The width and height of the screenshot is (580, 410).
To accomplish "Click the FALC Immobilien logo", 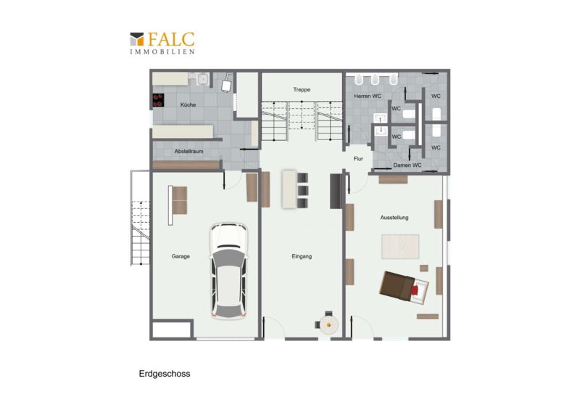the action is pyautogui.click(x=162, y=43).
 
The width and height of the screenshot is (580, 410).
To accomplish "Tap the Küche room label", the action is pyautogui.click(x=188, y=104).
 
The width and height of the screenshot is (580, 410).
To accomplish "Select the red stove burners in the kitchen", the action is pyautogui.click(x=158, y=100).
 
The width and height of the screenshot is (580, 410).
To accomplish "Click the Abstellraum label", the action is pyautogui.click(x=188, y=152).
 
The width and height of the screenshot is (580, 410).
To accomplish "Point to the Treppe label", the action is pyautogui.click(x=302, y=90).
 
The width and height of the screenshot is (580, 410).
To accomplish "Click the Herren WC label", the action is pyautogui.click(x=368, y=97).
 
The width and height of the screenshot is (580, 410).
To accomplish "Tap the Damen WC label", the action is pyautogui.click(x=407, y=165).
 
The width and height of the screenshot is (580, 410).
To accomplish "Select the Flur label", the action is pyautogui.click(x=358, y=159).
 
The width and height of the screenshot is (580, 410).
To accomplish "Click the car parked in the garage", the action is pyautogui.click(x=228, y=271).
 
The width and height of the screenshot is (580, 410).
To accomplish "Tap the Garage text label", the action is pyautogui.click(x=181, y=256).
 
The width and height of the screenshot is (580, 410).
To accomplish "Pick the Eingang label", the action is pyautogui.click(x=302, y=256).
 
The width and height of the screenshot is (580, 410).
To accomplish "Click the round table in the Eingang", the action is pyautogui.click(x=329, y=325).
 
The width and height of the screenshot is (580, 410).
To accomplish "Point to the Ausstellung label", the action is pyautogui.click(x=394, y=218).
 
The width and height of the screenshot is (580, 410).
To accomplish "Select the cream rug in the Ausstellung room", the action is pyautogui.click(x=400, y=246).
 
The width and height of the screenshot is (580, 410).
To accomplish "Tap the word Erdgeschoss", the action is pyautogui.click(x=165, y=374).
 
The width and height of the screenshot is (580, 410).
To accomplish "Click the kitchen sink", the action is pyautogui.click(x=202, y=79).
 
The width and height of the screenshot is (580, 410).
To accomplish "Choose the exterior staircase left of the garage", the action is pyautogui.click(x=140, y=218).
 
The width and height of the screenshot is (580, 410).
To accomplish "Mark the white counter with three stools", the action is pyautogui.click(x=289, y=189).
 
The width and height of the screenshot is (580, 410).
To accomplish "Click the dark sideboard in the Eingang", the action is pyautogui.click(x=335, y=191).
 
